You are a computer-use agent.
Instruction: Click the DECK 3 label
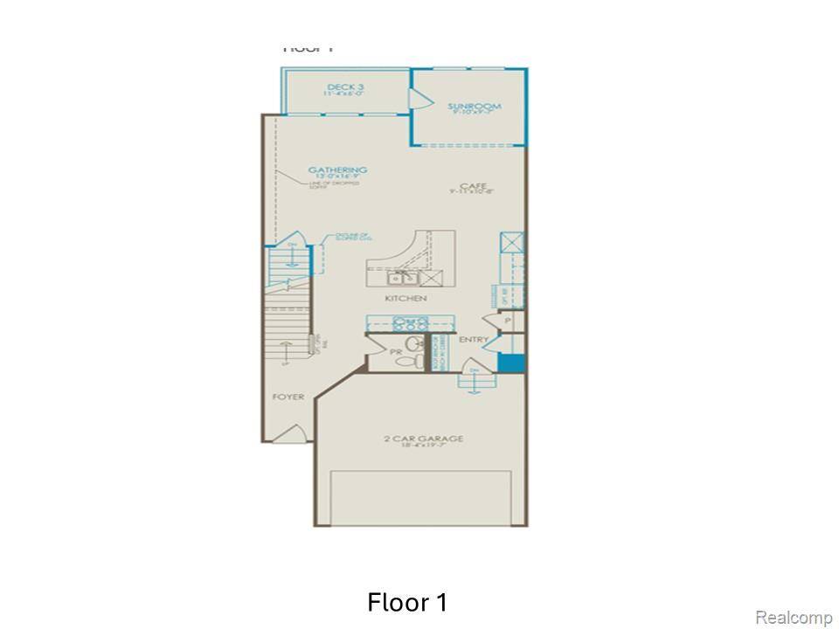[x=345, y=87]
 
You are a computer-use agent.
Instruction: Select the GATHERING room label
[x=337, y=170]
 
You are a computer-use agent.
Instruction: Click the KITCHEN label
[x=406, y=299]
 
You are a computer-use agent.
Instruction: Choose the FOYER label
[x=288, y=397]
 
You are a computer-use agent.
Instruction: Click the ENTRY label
[x=474, y=340]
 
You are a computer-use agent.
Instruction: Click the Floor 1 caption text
[x=407, y=603]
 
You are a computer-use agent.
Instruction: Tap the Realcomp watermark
[x=793, y=618]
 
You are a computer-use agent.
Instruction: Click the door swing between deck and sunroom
[x=419, y=99]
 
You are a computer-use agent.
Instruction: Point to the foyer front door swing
[x=297, y=432]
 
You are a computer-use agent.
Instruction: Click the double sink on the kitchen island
[x=403, y=279]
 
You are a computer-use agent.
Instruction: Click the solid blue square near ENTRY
[x=511, y=363]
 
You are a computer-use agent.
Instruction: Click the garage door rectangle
[x=420, y=497]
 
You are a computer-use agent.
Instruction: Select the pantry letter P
[x=507, y=321]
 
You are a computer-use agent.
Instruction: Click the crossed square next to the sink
[x=432, y=279]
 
